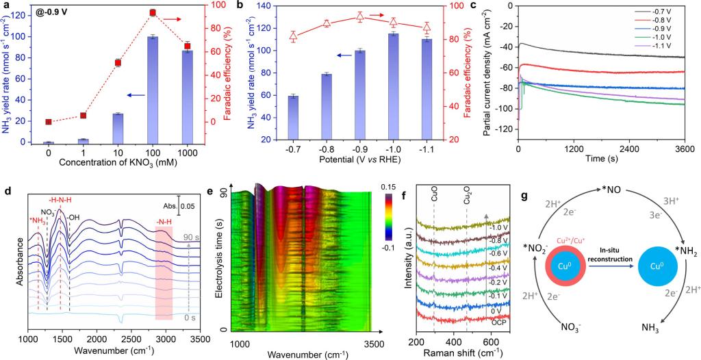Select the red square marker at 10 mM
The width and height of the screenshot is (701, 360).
click(x=118, y=63)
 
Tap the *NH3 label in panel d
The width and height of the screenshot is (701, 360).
click(x=38, y=220)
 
